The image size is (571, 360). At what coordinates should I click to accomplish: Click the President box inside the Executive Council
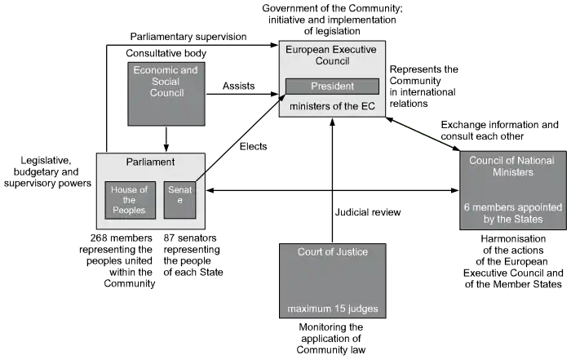pos(332,86)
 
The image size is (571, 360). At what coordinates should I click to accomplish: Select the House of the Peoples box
pos(129,200)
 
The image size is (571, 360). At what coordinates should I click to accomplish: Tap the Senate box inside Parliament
pos(179,200)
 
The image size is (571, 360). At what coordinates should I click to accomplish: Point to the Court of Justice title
pos(332,252)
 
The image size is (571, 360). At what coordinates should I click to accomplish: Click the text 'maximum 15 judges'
pos(332,309)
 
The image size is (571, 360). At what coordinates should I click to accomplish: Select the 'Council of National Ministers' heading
pos(512,167)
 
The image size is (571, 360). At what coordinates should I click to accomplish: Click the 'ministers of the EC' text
pos(332,106)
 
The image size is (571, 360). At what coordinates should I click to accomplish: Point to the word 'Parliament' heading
pos(150,162)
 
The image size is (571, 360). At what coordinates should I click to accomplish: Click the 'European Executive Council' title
pos(330,56)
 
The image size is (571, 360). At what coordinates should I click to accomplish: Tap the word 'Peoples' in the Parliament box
pos(129,211)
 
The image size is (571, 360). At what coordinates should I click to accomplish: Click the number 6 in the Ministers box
pos(467,207)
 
